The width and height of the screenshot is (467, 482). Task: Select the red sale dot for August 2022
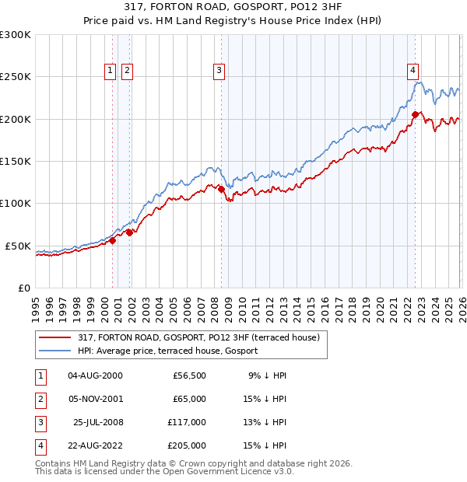pos(415,114)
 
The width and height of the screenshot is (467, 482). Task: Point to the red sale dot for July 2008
pos(222,188)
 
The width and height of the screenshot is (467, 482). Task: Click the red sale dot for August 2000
pos(112,240)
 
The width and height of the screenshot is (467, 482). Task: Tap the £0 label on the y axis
pos(23,288)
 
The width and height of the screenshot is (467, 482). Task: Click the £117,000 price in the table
pos(188,422)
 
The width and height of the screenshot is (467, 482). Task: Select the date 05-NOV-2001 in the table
pos(95,399)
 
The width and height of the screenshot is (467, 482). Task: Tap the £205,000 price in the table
pos(188,445)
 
